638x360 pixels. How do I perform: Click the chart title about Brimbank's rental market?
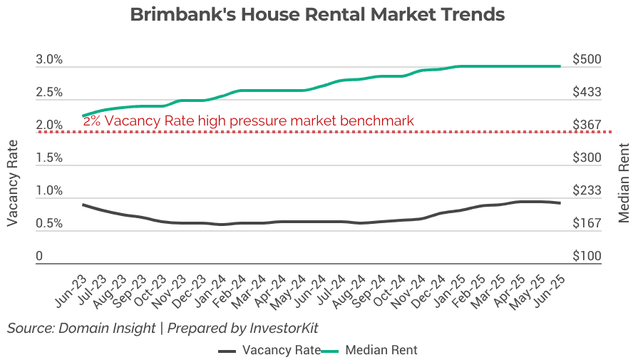[317, 15]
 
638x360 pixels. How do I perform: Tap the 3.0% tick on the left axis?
[49, 60]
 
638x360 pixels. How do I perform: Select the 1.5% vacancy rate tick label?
[49, 158]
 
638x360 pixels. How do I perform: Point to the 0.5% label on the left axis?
[49, 224]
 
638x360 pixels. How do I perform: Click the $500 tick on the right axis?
[587, 60]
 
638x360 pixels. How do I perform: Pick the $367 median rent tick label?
[587, 125]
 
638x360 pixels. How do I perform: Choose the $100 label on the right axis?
[587, 257]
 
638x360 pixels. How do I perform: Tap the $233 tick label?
[587, 191]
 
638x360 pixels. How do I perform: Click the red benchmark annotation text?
[248, 121]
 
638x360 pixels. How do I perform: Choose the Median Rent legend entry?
[370, 350]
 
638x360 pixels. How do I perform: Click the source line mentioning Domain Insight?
[163, 328]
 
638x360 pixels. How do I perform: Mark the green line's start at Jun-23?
[83, 115]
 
